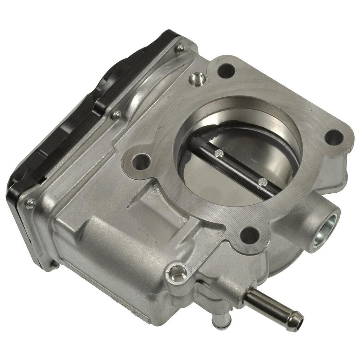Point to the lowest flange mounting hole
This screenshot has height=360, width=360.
tap(250, 234)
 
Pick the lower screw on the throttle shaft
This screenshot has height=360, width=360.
tap(262, 182)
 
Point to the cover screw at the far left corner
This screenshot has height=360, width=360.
tap(31, 203)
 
